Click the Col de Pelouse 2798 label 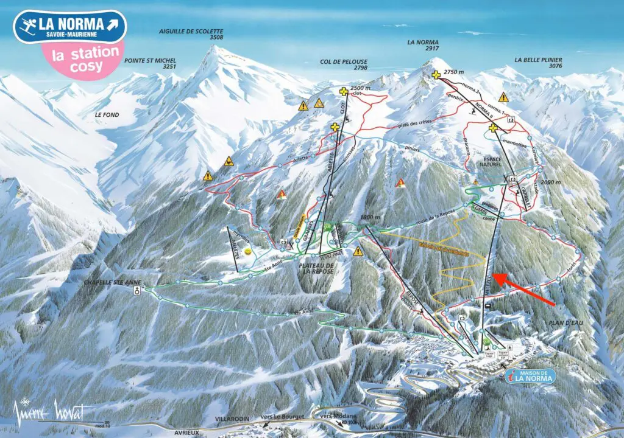click(x=343, y=65)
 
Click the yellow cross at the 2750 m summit click(x=436, y=75)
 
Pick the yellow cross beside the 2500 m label click(x=344, y=92)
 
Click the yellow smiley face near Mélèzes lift click(x=248, y=251)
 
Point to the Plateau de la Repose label click(x=317, y=268)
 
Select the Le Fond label click(x=107, y=114)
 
